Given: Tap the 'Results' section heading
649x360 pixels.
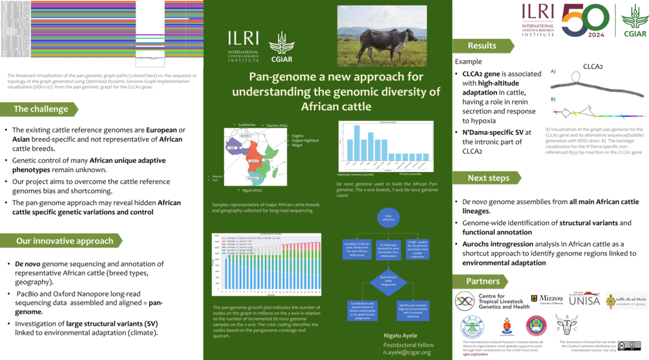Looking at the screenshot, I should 482,45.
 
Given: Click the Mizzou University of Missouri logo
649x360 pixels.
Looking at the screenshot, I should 546,299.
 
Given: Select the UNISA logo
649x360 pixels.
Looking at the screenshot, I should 583,299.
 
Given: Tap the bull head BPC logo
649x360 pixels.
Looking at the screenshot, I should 566,323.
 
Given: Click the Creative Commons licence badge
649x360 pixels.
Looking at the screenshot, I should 629,346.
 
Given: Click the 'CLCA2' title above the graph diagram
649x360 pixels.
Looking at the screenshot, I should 593,66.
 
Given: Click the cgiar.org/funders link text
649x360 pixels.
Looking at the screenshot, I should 475,355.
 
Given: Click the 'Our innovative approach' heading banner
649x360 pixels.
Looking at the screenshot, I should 64,241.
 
